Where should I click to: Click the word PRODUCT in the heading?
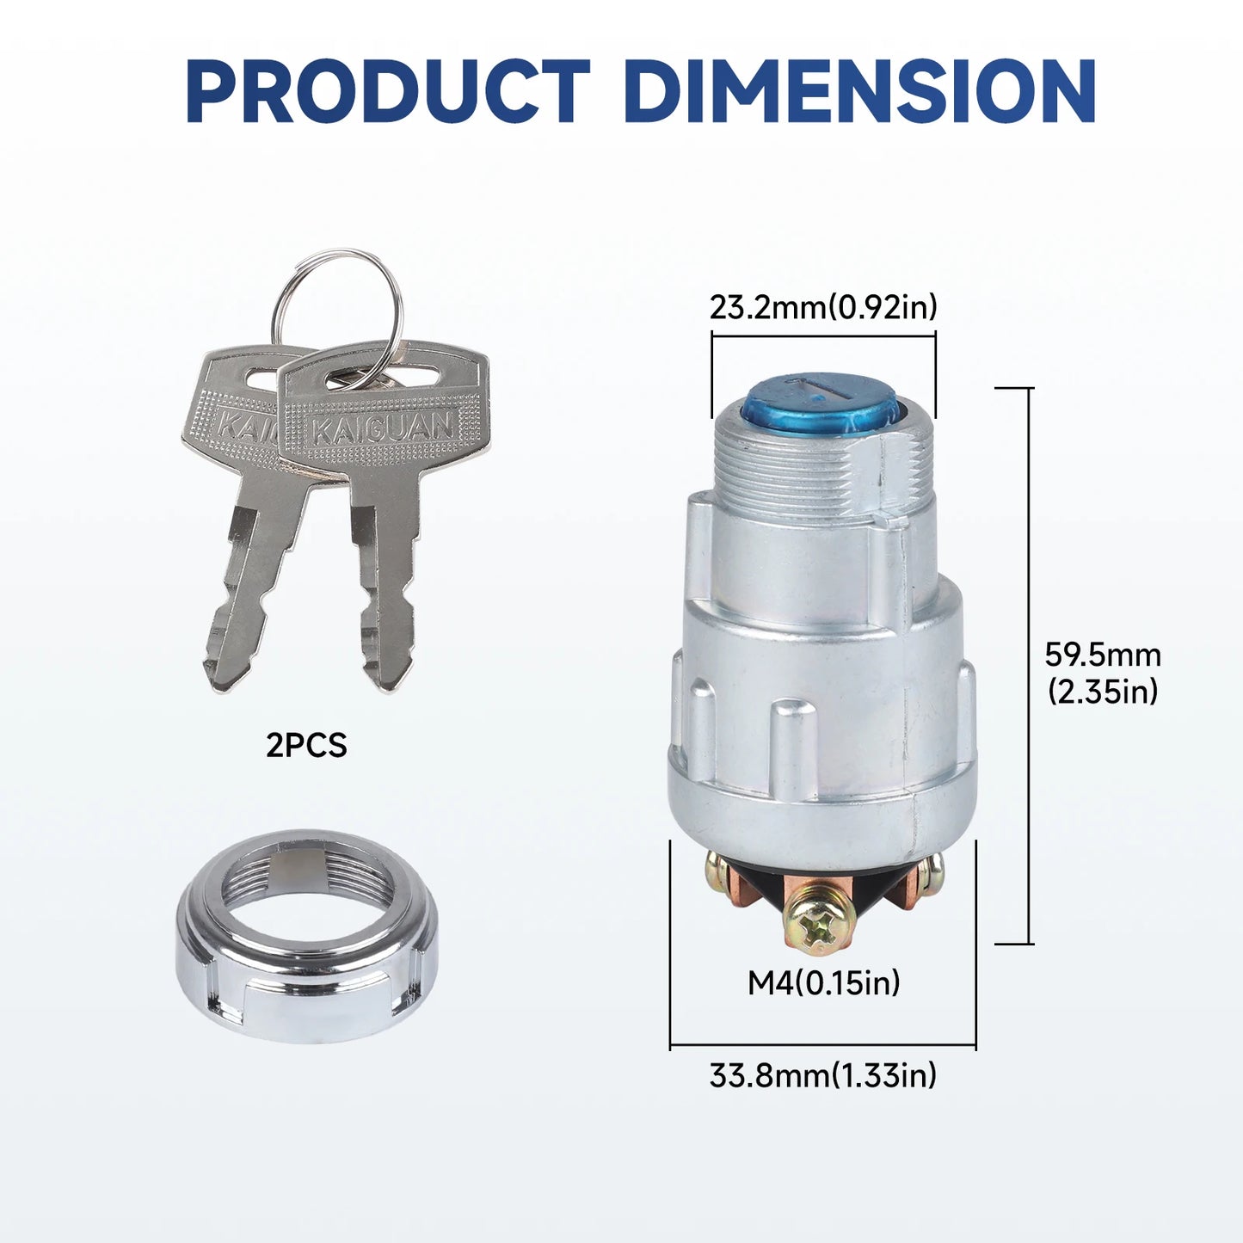[x=388, y=91]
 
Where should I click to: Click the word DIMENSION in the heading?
[x=859, y=91]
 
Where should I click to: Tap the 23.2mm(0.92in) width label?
[x=823, y=307]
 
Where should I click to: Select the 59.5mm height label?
[x=1103, y=655]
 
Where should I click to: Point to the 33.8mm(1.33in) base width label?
[x=823, y=1075]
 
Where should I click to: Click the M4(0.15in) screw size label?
[x=824, y=983]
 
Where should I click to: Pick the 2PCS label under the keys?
[x=306, y=746]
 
